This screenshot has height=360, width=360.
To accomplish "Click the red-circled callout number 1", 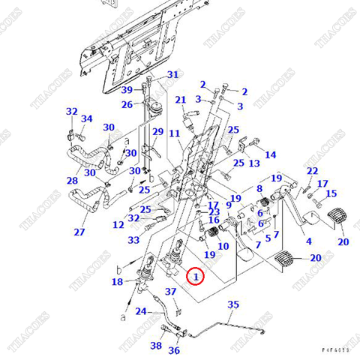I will pyautogui.click(x=196, y=277).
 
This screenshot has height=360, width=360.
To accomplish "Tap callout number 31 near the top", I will pyautogui.click(x=172, y=75).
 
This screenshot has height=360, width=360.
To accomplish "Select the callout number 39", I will pyautogui.click(x=127, y=90).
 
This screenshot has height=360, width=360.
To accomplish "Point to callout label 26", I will pyautogui.click(x=127, y=104).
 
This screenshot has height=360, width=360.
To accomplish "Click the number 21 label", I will pyautogui.click(x=180, y=100).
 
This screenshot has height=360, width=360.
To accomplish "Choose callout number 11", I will pyautogui.click(x=174, y=133).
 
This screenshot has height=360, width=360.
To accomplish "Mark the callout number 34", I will pyautogui.click(x=87, y=118).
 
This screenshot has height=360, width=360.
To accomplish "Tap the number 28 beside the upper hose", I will pyautogui.click(x=72, y=181).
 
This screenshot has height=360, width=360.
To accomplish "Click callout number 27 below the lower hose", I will pyautogui.click(x=79, y=232).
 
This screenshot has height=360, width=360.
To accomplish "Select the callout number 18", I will pyautogui.click(x=117, y=282).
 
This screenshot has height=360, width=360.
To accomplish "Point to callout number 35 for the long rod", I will pyautogui.click(x=233, y=304).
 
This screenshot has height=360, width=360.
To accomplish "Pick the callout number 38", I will pyautogui.click(x=156, y=346).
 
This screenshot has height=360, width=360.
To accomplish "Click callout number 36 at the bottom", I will pyautogui.click(x=174, y=350).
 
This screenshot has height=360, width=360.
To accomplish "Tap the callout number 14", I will pyautogui.click(x=271, y=154).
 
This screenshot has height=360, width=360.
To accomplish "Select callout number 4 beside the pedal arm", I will pyautogui.click(x=307, y=242).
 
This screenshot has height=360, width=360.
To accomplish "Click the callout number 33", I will pyautogui.click(x=133, y=240).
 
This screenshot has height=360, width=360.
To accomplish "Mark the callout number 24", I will pyautogui.click(x=140, y=311).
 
